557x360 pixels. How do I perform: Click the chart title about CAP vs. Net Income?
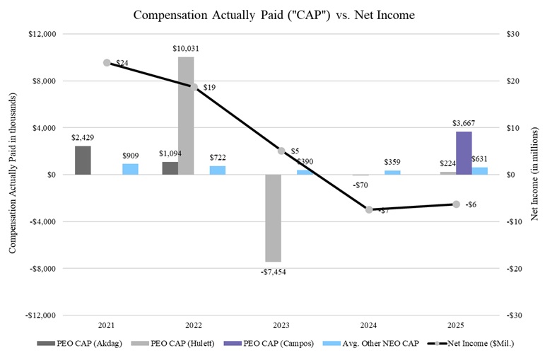pyautogui.click(x=278, y=14)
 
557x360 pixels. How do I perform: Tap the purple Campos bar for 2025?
pyautogui.click(x=464, y=153)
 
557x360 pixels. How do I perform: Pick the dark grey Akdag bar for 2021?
pyautogui.click(x=83, y=160)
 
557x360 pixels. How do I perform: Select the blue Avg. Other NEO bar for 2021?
pyautogui.click(x=130, y=169)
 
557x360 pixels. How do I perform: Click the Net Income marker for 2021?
pyautogui.click(x=107, y=63)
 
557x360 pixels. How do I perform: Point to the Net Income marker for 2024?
pyautogui.click(x=369, y=209)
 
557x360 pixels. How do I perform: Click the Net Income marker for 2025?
pyautogui.click(x=456, y=204)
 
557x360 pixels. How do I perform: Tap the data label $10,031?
pyautogui.click(x=186, y=48)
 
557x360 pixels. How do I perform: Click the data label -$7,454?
pyautogui.click(x=273, y=271)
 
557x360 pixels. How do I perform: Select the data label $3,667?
pyautogui.click(x=464, y=123)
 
